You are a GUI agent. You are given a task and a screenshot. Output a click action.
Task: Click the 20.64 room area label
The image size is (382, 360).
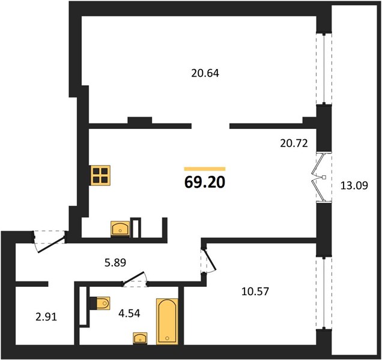205,73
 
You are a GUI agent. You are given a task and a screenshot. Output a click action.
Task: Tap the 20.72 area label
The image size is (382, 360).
294,143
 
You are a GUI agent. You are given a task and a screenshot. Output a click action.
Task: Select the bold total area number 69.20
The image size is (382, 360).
205,182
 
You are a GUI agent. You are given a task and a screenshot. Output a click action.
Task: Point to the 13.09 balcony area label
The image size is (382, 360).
354,186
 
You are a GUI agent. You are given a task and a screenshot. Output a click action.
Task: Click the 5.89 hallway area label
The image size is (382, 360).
115,263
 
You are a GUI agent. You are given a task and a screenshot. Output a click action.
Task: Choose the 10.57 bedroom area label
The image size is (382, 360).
255,292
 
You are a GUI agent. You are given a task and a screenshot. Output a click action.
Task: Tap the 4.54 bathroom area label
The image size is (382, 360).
129,314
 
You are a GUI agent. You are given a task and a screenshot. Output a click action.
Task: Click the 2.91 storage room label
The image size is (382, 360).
46,317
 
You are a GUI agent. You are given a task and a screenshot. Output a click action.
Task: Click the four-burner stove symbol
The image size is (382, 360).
100,175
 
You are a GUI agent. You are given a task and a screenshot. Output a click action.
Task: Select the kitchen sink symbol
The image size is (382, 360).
120,229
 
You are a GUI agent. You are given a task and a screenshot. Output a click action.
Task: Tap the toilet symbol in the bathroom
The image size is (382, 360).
100,303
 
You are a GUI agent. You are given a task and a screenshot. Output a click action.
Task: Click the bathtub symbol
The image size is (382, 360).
167,321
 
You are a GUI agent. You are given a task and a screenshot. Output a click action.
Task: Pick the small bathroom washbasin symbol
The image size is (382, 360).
140,338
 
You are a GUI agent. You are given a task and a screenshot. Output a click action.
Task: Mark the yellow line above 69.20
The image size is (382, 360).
205,169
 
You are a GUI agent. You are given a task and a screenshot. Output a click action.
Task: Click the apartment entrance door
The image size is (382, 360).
50,242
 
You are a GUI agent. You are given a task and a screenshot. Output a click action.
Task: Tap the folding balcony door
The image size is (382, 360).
321,178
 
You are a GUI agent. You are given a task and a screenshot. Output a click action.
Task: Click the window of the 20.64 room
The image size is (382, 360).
324,69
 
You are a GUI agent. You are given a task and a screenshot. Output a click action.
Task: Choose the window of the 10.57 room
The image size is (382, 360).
324,293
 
